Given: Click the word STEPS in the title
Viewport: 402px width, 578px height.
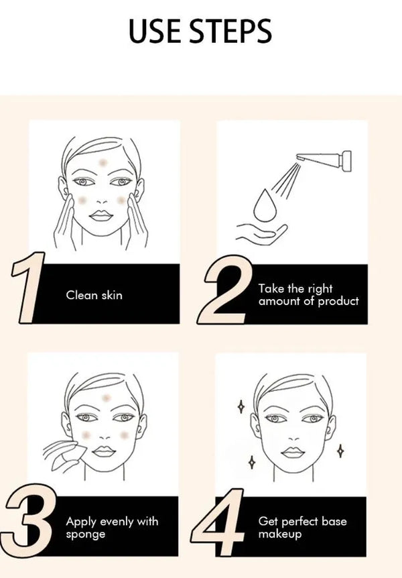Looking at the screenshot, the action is click(x=231, y=32).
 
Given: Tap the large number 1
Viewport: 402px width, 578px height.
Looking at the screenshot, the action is click(x=27, y=288).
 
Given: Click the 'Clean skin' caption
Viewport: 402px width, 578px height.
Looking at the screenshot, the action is click(x=94, y=295).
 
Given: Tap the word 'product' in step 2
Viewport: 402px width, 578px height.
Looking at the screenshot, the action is click(x=338, y=302).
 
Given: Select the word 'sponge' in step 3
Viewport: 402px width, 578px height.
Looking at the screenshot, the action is click(x=86, y=534).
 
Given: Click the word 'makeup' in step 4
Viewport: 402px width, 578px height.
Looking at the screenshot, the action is click(x=279, y=534).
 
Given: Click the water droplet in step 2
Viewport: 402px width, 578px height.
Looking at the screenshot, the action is click(x=265, y=206).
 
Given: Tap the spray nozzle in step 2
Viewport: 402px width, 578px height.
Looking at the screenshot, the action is click(x=324, y=160).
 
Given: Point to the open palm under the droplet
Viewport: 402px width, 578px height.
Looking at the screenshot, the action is click(x=262, y=235).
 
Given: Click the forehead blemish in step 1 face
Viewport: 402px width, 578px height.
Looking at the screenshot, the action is click(x=103, y=162).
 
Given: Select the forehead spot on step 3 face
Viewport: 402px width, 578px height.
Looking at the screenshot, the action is click(x=106, y=398).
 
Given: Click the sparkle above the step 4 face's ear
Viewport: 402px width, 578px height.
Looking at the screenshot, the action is click(x=241, y=407).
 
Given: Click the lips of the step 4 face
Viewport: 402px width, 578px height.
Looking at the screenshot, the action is click(x=293, y=453).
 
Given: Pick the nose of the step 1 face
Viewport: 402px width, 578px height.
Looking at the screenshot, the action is click(x=101, y=200).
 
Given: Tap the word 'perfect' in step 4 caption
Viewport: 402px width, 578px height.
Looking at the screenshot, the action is click(x=296, y=522).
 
